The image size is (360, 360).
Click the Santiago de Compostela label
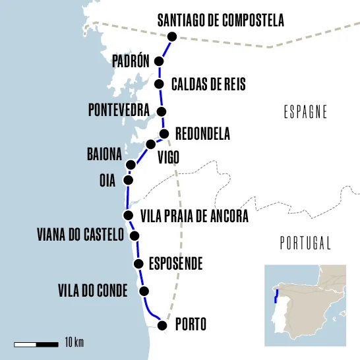coord(220,21)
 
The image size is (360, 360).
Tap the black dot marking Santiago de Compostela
coord(173,37)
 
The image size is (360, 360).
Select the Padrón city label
coord(131,62)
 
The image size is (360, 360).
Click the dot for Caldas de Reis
coord(159,84)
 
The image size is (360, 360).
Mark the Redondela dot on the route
coord(165,134)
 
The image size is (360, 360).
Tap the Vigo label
coord(168,157)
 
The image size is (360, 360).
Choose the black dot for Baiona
coord(131,165)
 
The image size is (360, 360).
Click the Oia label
coord(107,180)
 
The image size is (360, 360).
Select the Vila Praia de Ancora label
coord(195,216)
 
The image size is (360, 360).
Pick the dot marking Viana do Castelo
coord(135,235)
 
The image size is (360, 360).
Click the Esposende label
coord(175,264)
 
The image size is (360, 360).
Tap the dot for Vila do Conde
coord(144,291)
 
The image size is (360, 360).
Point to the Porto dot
coord(163,325)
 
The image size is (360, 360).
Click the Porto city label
coord(191,325)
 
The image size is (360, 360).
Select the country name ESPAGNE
coord(305,112)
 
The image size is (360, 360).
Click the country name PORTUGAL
coord(305,243)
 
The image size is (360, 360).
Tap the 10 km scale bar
coord(36,344)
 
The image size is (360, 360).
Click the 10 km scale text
coord(75,344)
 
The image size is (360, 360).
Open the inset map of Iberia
coord(305,305)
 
